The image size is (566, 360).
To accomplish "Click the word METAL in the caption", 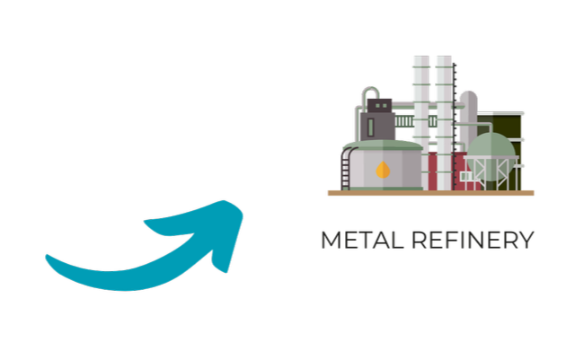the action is (x=362, y=240).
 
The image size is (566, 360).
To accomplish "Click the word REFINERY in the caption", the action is (x=473, y=240).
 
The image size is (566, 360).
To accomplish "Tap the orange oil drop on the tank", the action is (x=383, y=170).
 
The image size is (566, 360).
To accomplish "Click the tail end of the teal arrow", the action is (x=47, y=256).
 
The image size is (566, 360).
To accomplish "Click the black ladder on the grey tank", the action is (x=346, y=169).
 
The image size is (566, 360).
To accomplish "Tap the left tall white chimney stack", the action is (x=421, y=123).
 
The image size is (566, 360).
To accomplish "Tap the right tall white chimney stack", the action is (x=444, y=123).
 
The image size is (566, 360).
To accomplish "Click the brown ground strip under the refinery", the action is (x=430, y=193).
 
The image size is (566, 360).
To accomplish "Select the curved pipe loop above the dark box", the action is (x=370, y=93).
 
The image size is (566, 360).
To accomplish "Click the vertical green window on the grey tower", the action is (x=371, y=127).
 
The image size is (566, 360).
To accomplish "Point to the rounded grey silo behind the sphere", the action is (x=468, y=116).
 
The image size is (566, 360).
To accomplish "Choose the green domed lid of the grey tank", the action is (x=383, y=145).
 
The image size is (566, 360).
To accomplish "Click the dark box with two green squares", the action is (x=379, y=106).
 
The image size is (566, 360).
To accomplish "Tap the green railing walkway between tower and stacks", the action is (x=415, y=121).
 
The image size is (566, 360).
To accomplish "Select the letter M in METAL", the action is (x=331, y=240).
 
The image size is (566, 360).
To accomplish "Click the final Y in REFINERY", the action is (x=526, y=240).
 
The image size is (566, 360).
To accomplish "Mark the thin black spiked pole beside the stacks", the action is (x=455, y=127).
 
